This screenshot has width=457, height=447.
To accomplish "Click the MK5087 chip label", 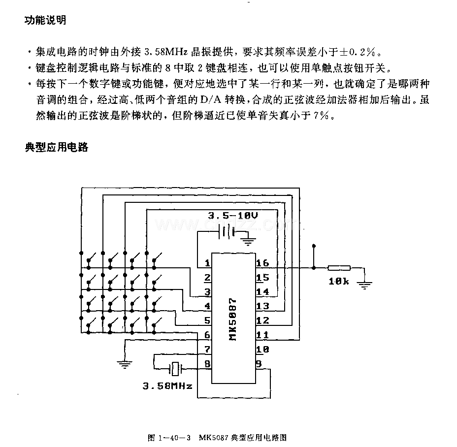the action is pos(232,319).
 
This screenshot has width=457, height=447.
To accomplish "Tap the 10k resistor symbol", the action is pos(339,268).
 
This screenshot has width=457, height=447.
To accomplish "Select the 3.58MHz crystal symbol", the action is pos(175,369).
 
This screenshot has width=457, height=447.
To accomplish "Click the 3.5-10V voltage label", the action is pos(233,216).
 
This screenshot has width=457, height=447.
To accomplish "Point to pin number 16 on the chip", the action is pos(262,263).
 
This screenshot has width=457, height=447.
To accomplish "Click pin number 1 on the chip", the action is pos(207,263).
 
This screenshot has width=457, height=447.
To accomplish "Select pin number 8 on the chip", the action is pos(207,364).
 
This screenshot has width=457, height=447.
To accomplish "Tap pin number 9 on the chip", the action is pos(259,364).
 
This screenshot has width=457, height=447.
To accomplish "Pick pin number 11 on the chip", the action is pos(262,335).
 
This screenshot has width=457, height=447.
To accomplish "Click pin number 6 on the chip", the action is pos(207,335).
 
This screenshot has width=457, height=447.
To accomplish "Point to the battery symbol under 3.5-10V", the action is pos(227,232).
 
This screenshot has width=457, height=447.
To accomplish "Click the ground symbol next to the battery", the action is pos(248,241).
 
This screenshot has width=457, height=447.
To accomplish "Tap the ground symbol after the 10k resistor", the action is pos(364,284).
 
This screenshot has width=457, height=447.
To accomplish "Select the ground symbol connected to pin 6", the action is pos(125,364).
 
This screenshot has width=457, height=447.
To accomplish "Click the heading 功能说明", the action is pos(45,20).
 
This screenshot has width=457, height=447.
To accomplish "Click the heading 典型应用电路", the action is pos(56,147).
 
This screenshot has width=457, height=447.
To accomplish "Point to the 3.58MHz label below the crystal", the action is pos(167,386).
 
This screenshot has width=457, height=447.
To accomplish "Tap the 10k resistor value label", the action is pos(339,281).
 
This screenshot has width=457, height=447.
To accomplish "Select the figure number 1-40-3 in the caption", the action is pos(174,438).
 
